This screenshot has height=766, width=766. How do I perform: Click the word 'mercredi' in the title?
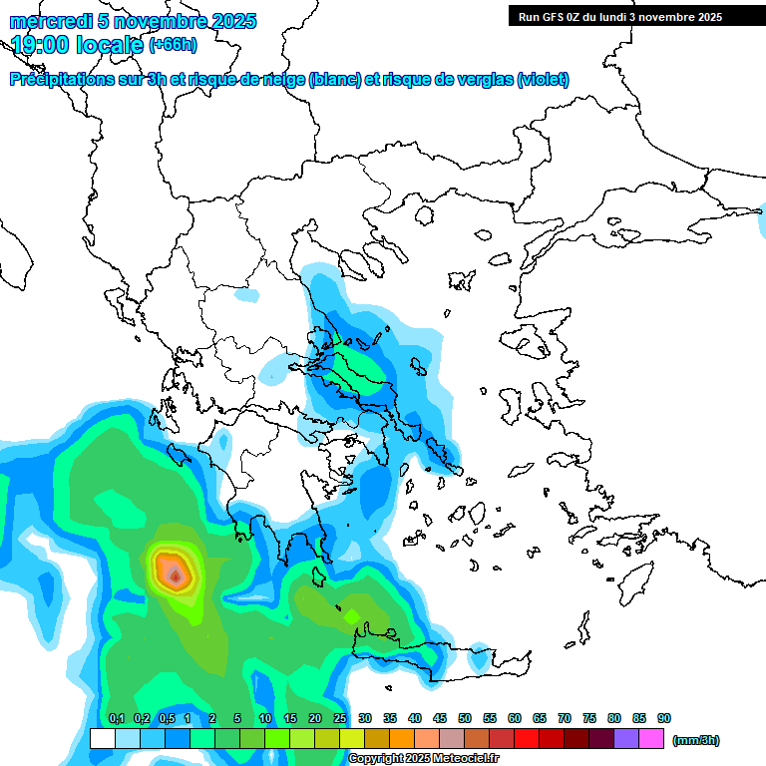click(44, 21)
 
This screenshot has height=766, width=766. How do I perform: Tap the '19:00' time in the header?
click(39, 45)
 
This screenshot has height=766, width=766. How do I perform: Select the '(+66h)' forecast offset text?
click(173, 45)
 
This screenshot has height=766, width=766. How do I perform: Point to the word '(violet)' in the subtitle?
click(544, 80)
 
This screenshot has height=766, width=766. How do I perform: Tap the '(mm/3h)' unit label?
click(696, 740)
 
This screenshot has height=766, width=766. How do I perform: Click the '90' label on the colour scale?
click(663, 718)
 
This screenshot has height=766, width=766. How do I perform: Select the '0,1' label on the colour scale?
click(116, 718)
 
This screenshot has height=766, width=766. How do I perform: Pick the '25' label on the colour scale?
click(340, 718)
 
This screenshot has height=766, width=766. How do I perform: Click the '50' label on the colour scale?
click(465, 718)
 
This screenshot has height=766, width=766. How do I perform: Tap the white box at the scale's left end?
click(102, 739)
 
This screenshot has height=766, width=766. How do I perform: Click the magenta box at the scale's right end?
click(652, 739)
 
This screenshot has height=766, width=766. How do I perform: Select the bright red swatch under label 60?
click(527, 739)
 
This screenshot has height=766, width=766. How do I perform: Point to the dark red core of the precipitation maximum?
click(176, 575)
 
